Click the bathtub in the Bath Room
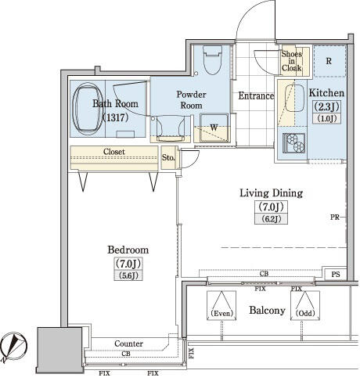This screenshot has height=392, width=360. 88,109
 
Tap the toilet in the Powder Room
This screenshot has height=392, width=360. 212,59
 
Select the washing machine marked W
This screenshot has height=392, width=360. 214,128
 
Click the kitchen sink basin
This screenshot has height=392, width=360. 294,98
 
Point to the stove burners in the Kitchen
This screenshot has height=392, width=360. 293,142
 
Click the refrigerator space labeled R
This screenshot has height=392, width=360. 329,61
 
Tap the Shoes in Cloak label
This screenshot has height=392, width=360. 292,61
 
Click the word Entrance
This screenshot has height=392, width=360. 256,95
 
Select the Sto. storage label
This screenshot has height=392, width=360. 168,157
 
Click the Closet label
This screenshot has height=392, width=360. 114,152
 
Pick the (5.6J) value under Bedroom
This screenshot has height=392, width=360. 128,275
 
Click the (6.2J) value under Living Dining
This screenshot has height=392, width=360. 272,219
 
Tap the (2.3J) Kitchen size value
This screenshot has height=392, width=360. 326,106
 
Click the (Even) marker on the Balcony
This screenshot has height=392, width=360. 221,313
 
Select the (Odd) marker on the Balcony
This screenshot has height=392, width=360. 305,313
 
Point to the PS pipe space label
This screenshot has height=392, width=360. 336,274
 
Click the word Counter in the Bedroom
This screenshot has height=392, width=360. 128,343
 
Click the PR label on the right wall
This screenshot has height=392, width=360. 335,217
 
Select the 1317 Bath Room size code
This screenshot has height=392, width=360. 115,117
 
